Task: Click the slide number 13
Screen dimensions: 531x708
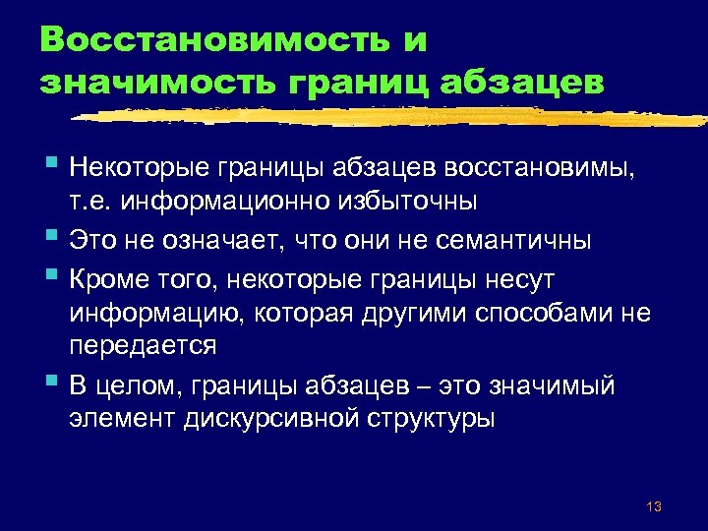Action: pyautogui.click(x=654, y=506)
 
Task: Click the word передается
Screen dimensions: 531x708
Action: pyautogui.click(x=143, y=347)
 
